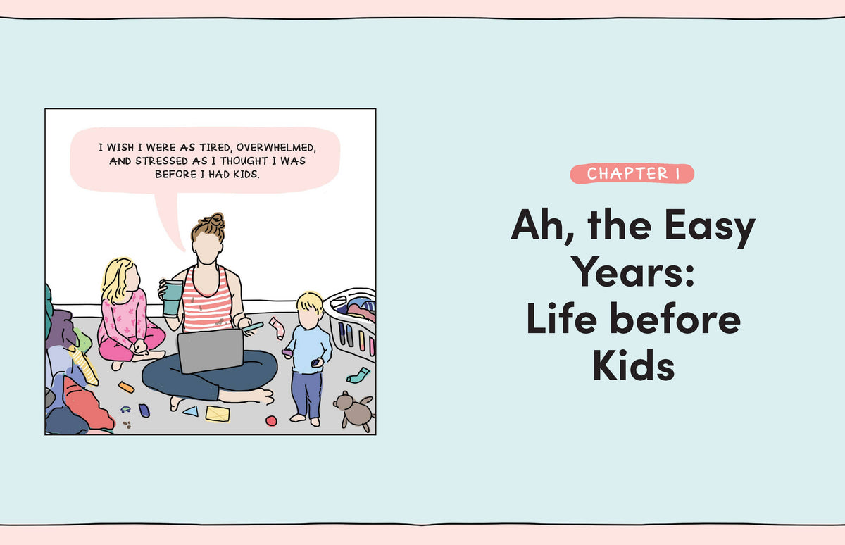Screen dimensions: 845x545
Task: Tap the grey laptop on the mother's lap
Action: point(211,351)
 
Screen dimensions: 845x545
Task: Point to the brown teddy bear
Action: point(354,411)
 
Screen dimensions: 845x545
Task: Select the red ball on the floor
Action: point(271,420)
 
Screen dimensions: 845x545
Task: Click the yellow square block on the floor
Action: point(218,414)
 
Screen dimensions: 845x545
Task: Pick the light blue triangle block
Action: point(191,411)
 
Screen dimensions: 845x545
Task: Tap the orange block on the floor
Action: point(126,387)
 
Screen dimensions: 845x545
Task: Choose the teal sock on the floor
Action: point(358,375)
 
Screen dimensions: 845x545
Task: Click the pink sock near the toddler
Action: point(277,327)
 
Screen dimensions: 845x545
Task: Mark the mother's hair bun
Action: point(215,220)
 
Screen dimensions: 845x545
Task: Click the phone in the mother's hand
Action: point(252,327)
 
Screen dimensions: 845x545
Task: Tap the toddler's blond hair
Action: point(310,303)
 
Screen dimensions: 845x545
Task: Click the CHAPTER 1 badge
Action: point(632,174)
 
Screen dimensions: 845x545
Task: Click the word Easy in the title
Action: point(710,226)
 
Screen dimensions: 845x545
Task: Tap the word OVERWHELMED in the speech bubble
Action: point(276,147)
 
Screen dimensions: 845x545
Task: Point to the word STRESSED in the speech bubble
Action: point(161,161)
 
